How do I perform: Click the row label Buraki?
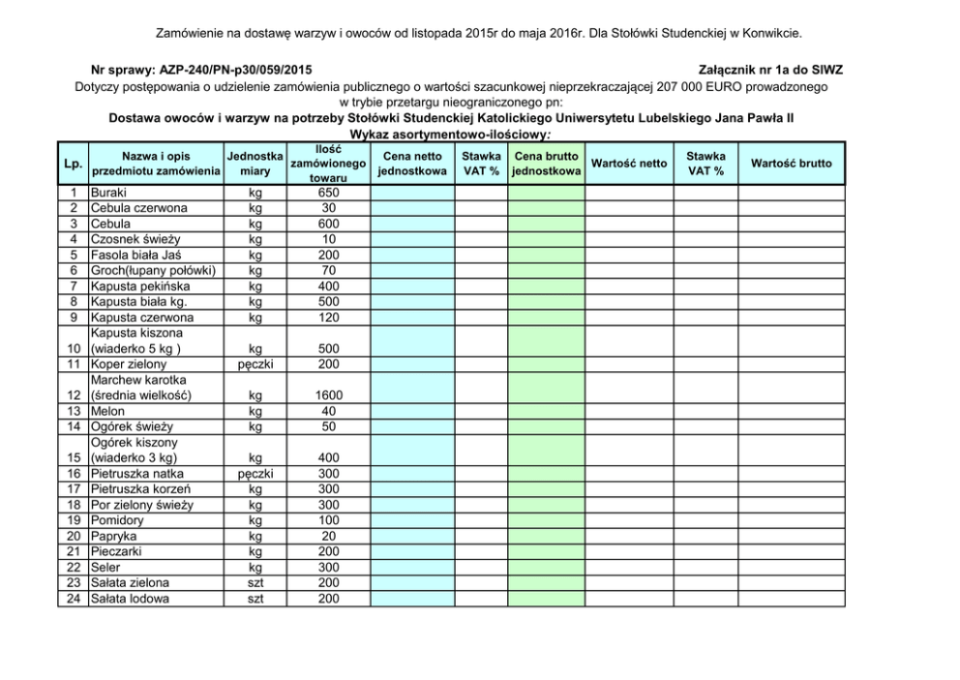107,192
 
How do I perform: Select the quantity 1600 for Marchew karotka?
328,395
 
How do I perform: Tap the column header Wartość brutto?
791,163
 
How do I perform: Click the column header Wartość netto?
629,163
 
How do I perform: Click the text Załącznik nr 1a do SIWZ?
769,70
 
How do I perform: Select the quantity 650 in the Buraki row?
328,192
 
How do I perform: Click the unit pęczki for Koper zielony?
254,364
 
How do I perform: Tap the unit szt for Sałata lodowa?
254,599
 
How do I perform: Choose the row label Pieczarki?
115,552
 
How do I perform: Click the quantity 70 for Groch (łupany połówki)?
328,270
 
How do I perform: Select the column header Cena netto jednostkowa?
412,163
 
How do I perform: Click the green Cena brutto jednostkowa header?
547,163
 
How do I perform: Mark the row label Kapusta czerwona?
141,317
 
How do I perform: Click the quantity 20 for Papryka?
328,536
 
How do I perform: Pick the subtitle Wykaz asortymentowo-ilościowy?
450,134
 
